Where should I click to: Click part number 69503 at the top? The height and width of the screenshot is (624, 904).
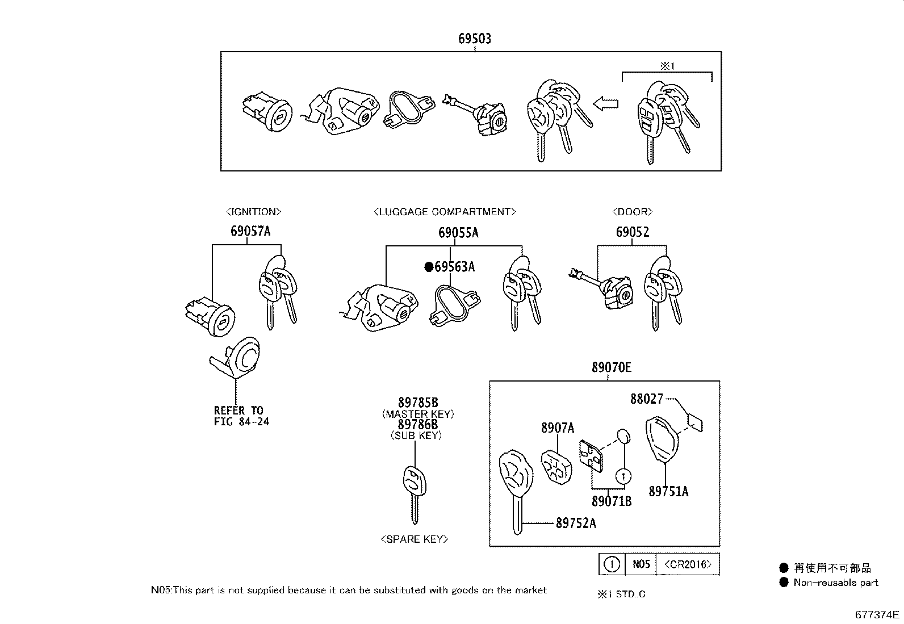(x=475, y=39)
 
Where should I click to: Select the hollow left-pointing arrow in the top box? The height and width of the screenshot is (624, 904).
(x=605, y=103)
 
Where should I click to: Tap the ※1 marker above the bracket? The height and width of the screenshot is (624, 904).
(x=667, y=66)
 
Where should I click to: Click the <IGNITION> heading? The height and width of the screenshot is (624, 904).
(x=253, y=212)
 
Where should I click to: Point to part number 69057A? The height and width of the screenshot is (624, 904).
(x=250, y=231)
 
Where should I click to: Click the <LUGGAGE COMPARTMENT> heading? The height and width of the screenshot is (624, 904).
(x=445, y=212)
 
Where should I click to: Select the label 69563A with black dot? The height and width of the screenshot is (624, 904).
(x=450, y=266)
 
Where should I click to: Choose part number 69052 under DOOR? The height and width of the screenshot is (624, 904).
(x=632, y=232)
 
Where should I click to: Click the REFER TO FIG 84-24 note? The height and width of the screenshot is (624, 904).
(x=241, y=416)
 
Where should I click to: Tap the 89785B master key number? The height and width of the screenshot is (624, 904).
(x=418, y=403)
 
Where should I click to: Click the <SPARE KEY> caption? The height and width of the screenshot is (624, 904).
(x=415, y=539)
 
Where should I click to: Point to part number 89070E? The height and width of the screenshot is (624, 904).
(x=611, y=367)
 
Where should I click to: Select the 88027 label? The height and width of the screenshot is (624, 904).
(x=646, y=399)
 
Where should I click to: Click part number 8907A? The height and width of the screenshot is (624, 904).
(x=557, y=428)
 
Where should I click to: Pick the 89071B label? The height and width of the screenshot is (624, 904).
(x=611, y=501)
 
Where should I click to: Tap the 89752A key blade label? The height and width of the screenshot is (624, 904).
(x=575, y=523)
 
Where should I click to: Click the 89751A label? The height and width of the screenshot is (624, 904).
(x=668, y=491)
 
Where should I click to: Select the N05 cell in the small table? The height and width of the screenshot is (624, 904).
(x=641, y=564)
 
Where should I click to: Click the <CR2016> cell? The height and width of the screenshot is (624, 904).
(x=688, y=564)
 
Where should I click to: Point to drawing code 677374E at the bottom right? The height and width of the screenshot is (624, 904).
(x=877, y=614)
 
